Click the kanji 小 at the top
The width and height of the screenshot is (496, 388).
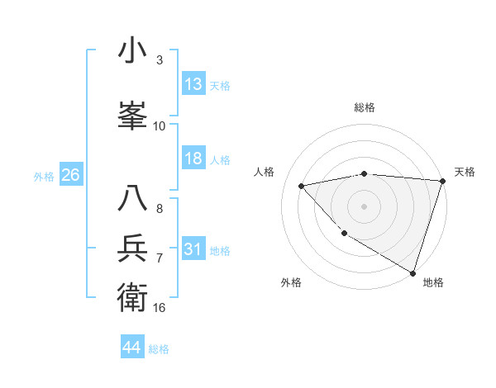click(x=132, y=51)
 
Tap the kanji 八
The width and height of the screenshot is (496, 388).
click(x=132, y=198)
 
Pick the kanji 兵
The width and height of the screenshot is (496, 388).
click(x=132, y=248)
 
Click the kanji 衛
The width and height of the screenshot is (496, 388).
click(x=132, y=295)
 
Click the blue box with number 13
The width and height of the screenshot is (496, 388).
click(x=193, y=84)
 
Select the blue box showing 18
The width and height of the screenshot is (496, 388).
click(x=193, y=159)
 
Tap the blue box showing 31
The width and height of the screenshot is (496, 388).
click(x=193, y=249)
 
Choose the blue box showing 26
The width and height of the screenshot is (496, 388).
click(x=70, y=175)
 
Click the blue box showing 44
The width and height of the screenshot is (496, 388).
click(x=132, y=348)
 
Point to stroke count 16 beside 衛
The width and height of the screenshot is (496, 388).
click(x=160, y=308)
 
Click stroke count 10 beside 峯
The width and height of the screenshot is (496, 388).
click(x=160, y=126)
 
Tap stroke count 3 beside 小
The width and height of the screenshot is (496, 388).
click(x=159, y=60)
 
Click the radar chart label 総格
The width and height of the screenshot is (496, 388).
click(x=365, y=107)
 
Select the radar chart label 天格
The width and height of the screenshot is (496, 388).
click(x=465, y=172)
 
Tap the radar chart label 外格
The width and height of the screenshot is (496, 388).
click(x=291, y=282)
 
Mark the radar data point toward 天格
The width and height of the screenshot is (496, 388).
click(x=442, y=180)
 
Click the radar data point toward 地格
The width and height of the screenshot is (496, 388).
click(x=413, y=272)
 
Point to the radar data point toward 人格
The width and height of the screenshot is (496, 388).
click(x=302, y=186)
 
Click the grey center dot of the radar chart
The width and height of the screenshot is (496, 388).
click(x=364, y=206)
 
